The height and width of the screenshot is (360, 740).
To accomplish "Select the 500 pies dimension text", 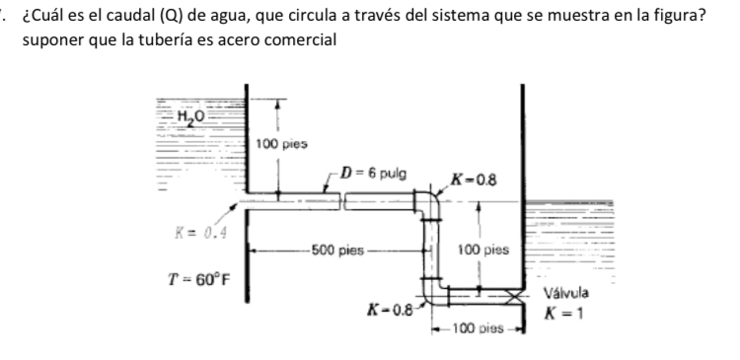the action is tap(333, 250).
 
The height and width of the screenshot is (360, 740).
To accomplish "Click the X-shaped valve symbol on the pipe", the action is tap(511, 293).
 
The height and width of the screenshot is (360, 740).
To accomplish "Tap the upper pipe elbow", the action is tap(429, 203).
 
